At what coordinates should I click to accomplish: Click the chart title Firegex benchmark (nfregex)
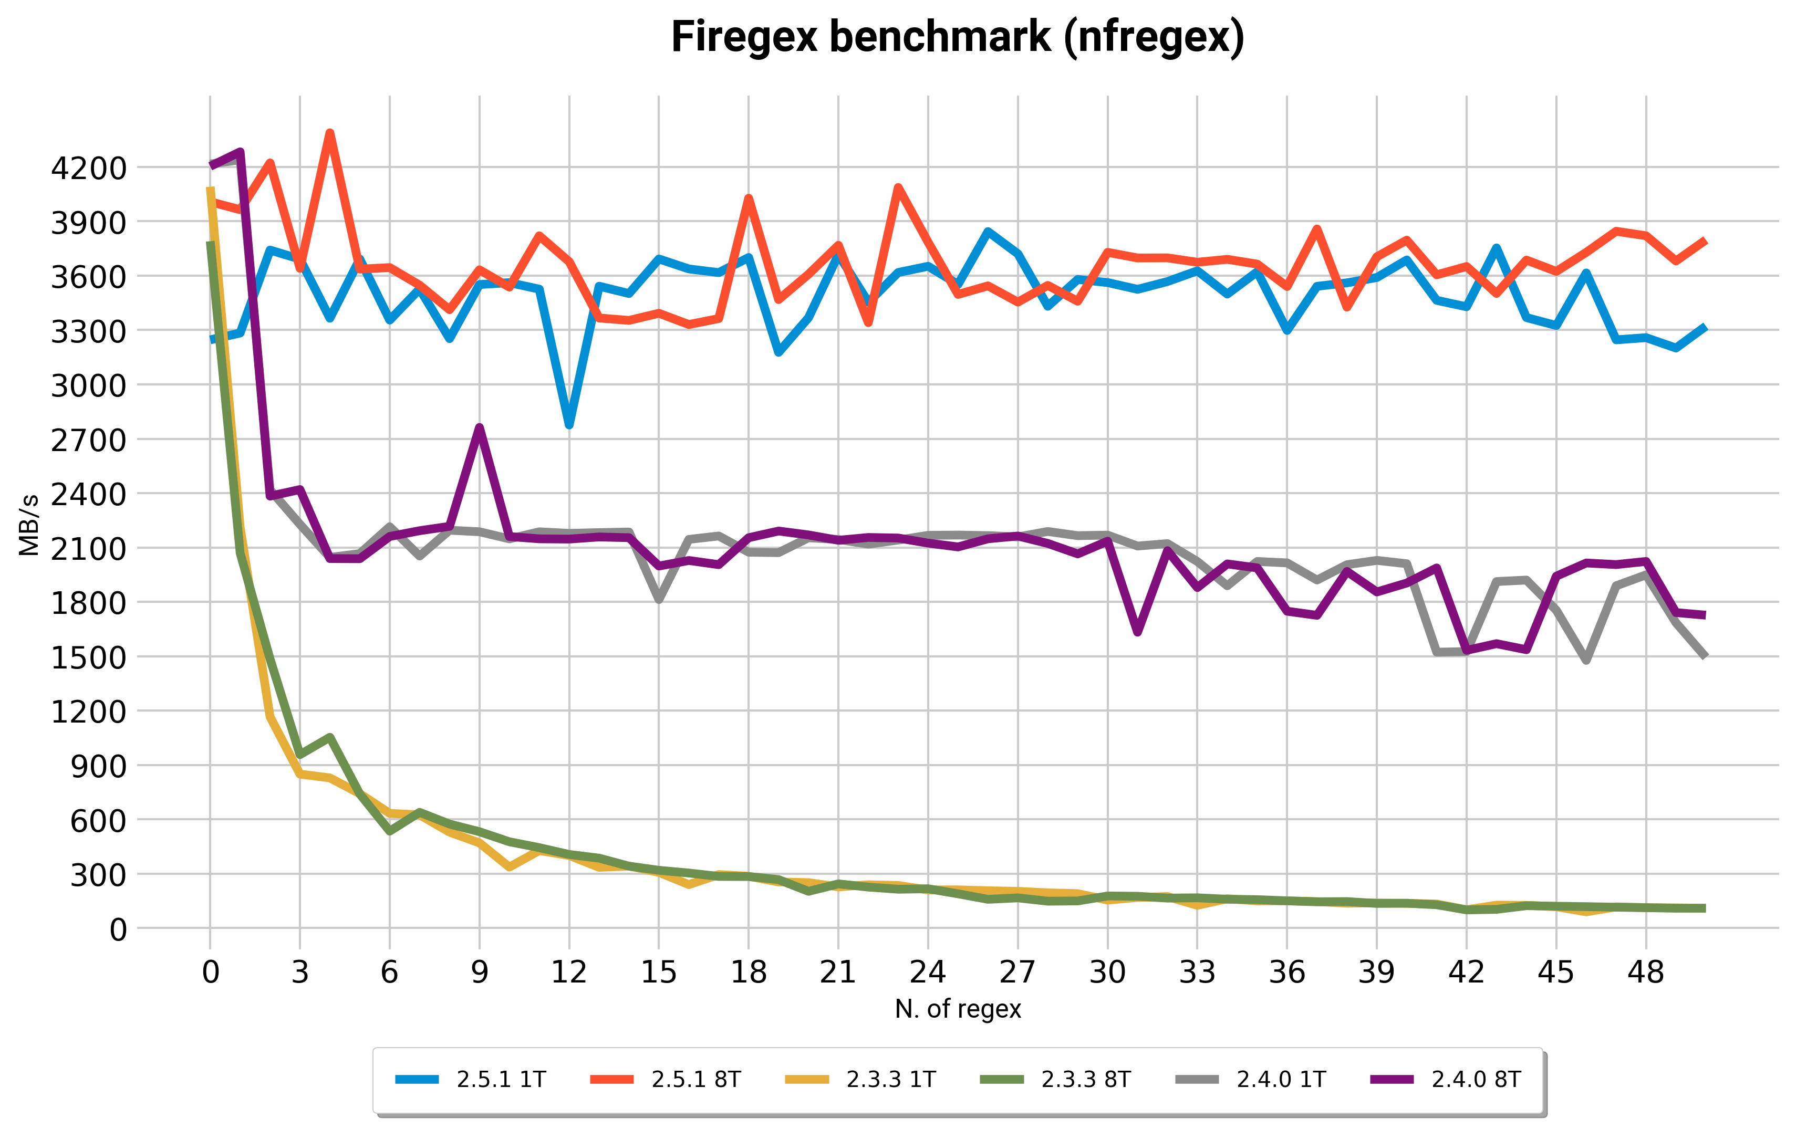coord(957,37)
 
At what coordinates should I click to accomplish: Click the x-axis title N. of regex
coord(957,1009)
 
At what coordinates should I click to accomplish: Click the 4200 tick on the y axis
coord(89,169)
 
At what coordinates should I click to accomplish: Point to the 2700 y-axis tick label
coord(89,440)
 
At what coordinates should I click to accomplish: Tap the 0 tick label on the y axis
coord(118,929)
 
